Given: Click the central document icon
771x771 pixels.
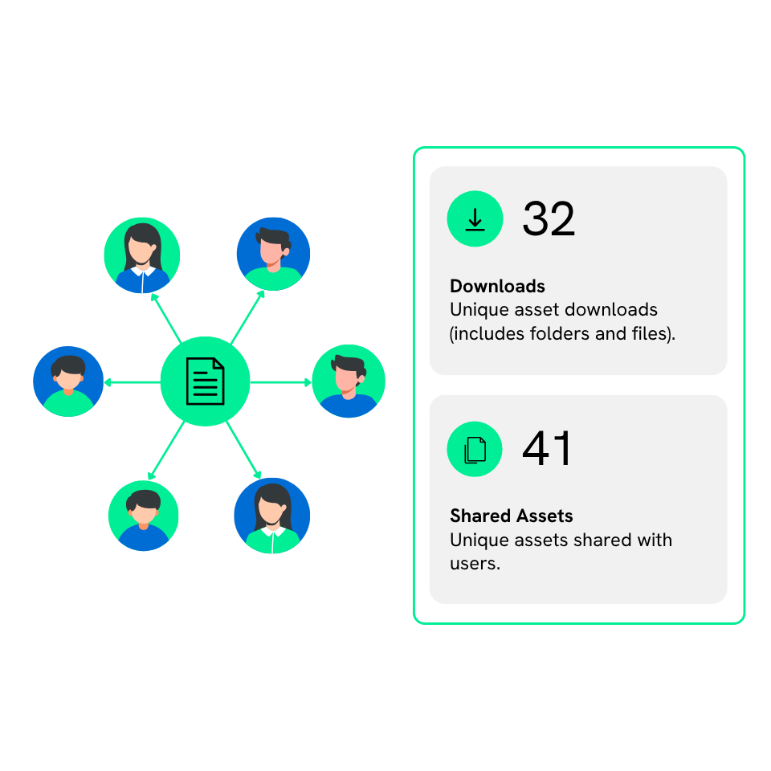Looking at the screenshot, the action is pos(205,381).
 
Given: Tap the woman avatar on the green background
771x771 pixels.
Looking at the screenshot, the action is pos(142,255).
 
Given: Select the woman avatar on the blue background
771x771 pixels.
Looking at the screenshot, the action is pos(271,516).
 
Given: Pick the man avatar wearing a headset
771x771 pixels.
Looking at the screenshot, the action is pos(348,381).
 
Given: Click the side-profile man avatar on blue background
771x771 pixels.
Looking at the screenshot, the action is pos(273,253).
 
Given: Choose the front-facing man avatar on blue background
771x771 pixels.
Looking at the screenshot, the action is pos(68,381).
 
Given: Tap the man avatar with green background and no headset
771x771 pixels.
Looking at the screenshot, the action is pos(143,516).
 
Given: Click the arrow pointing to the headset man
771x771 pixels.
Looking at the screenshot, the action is pos(281,382).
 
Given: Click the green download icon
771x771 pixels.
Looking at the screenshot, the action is pos(475,218).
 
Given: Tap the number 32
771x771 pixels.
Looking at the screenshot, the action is pos(549,218).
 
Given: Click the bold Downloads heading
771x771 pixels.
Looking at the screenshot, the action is pos(497,286).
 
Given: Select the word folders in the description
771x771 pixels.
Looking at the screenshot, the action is pos(561,333).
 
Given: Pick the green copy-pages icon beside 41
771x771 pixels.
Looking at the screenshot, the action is pos(475,449).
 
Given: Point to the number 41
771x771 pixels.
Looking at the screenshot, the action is pos(547,449).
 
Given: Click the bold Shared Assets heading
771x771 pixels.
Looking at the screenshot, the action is pos(511,516).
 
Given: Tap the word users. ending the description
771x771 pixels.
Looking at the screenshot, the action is pos(475,564).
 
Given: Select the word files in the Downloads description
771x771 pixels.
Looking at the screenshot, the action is pos(650,333).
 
